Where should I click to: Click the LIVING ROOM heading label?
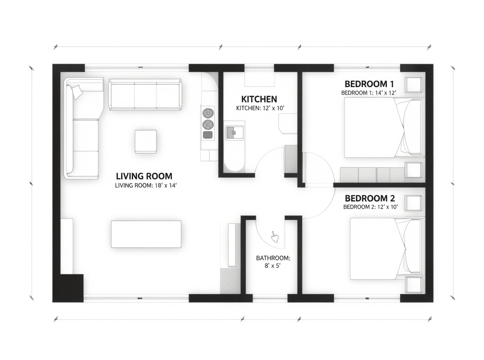(x=144, y=176)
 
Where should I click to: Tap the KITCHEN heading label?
(x=259, y=99)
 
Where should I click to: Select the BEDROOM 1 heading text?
(x=369, y=83)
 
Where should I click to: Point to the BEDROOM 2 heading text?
(x=370, y=198)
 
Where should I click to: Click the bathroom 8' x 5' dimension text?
(x=273, y=262)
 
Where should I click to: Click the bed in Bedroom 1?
(x=382, y=128)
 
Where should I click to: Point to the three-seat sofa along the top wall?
(x=145, y=94)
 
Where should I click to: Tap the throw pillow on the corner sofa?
(x=76, y=91)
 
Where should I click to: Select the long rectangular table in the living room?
(x=146, y=234)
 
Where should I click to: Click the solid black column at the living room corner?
(x=71, y=287)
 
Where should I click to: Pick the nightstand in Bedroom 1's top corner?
(x=413, y=85)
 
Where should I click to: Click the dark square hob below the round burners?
(x=208, y=135)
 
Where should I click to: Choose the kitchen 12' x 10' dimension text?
(x=260, y=108)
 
